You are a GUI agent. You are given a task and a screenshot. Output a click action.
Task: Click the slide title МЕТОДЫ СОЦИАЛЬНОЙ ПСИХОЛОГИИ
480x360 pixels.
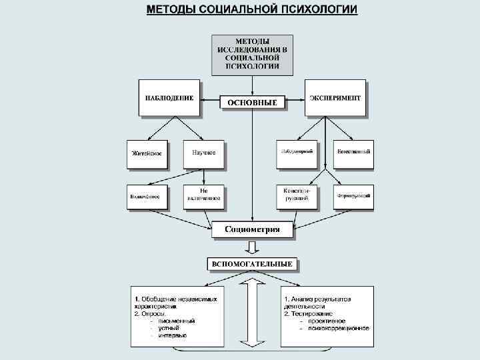(252, 9)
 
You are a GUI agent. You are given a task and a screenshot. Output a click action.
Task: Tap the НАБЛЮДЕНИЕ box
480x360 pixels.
(169, 97)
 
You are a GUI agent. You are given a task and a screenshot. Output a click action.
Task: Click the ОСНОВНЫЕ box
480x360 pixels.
(252, 103)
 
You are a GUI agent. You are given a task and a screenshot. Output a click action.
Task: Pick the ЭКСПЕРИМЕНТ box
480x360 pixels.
(335, 97)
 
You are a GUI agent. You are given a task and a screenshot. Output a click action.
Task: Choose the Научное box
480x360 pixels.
(203, 153)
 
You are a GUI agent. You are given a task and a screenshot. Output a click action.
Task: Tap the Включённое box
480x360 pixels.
(146, 196)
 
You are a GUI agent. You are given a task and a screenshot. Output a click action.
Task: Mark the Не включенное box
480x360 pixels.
(203, 195)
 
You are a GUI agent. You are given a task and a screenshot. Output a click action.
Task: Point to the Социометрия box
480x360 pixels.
(252, 230)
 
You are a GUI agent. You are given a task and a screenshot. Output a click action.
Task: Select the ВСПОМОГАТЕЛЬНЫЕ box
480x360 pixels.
(252, 265)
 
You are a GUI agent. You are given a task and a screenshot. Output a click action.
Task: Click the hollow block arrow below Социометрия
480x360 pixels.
(252, 247)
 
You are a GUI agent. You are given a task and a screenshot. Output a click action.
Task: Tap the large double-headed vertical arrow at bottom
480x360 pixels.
(252, 313)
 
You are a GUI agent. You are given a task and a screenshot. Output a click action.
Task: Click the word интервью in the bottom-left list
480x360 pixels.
(173, 335)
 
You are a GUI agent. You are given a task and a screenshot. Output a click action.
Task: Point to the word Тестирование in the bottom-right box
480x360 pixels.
(312, 313)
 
